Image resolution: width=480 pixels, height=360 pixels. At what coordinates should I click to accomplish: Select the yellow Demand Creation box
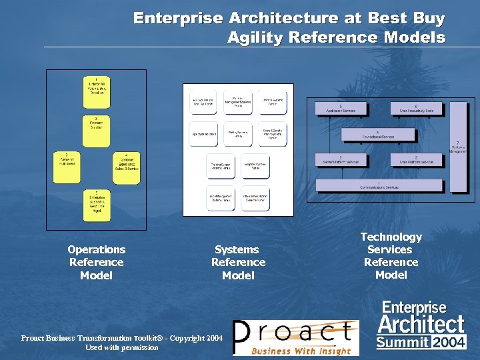[96, 125]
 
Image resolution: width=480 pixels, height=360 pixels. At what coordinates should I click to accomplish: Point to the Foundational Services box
[378, 135]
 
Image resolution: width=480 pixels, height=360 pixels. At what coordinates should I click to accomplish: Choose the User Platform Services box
[417, 160]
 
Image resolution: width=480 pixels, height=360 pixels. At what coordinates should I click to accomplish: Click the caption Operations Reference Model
[96, 262]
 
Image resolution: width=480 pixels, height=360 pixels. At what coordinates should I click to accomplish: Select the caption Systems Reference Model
[238, 262]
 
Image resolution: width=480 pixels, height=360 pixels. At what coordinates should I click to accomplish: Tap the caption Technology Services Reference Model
[391, 255]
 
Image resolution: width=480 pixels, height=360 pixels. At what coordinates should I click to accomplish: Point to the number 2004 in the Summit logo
[449, 343]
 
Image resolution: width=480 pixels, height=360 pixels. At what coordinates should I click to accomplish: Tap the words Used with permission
[122, 347]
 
